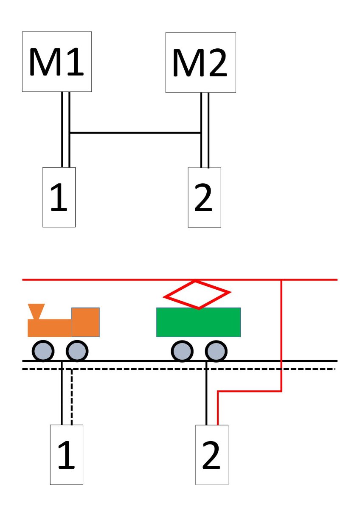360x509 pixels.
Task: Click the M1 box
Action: coord(57,61)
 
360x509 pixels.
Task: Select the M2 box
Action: coord(200,62)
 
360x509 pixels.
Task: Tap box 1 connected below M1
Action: coord(59,197)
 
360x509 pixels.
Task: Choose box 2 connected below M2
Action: coord(204,197)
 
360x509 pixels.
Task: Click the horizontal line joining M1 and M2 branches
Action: coord(135,133)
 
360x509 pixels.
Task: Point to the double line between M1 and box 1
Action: coord(65,127)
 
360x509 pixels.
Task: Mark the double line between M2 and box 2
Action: coord(205,127)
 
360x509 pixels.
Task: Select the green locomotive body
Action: coord(198,322)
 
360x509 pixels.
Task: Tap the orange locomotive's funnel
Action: coord(37,311)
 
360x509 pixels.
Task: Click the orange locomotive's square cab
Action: coord(85,322)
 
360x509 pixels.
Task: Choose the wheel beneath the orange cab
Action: coord(77,351)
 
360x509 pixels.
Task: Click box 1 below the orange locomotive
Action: coord(67,454)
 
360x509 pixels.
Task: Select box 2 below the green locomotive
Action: coord(212,454)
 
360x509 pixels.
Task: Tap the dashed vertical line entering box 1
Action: coord(72,397)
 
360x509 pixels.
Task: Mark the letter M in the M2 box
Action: coord(187,64)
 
